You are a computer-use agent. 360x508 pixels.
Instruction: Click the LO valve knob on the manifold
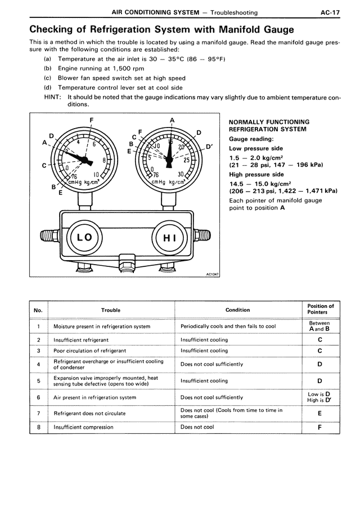(x=84, y=237)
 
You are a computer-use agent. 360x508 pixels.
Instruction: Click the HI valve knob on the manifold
(x=169, y=237)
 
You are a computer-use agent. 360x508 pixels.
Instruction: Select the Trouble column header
(x=111, y=310)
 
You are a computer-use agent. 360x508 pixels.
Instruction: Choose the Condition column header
(x=237, y=310)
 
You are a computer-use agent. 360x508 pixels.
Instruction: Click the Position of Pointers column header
(x=321, y=309)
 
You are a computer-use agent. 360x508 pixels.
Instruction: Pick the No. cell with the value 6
(x=38, y=397)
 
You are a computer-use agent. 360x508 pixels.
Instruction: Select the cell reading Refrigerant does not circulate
(x=89, y=413)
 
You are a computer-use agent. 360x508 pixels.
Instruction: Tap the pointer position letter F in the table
(x=319, y=427)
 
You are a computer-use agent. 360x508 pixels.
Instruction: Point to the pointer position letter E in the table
(x=319, y=413)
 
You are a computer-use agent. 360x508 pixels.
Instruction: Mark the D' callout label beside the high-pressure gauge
(x=209, y=147)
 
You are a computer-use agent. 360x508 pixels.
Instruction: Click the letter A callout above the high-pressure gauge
(x=172, y=120)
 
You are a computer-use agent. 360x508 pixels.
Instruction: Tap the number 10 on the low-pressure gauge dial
(x=96, y=175)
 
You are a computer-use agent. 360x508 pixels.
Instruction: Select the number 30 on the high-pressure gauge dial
(x=181, y=175)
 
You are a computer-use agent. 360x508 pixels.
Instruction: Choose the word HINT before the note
(x=53, y=97)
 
